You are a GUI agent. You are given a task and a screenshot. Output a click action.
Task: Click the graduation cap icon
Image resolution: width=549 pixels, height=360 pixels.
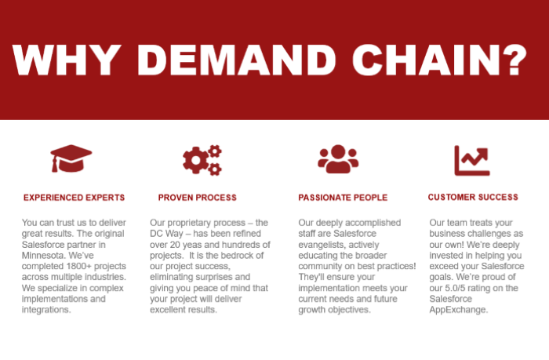pyautogui.click(x=71, y=158)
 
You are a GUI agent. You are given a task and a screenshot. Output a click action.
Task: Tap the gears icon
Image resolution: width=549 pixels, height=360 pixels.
pyautogui.click(x=202, y=159)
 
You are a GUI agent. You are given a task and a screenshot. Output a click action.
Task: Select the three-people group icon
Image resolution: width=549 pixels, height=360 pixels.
pyautogui.click(x=338, y=158)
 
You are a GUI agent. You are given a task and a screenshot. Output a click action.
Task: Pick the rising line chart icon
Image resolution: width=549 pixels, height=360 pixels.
pyautogui.click(x=471, y=159)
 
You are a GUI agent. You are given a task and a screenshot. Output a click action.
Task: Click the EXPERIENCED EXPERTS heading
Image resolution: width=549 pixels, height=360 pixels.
pyautogui.click(x=74, y=197)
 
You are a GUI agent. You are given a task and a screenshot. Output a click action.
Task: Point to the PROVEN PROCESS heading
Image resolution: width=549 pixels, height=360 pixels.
pyautogui.click(x=197, y=197)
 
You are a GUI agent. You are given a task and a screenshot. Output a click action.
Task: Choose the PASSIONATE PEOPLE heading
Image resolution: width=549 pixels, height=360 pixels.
pyautogui.click(x=343, y=197)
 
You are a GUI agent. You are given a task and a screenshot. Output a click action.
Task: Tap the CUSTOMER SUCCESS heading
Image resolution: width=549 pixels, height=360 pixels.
pyautogui.click(x=473, y=196)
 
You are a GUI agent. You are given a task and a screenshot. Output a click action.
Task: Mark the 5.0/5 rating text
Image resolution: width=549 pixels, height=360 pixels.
pyautogui.click(x=458, y=288)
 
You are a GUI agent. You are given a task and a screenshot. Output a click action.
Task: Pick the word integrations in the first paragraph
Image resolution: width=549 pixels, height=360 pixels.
pyautogui.click(x=49, y=310)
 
